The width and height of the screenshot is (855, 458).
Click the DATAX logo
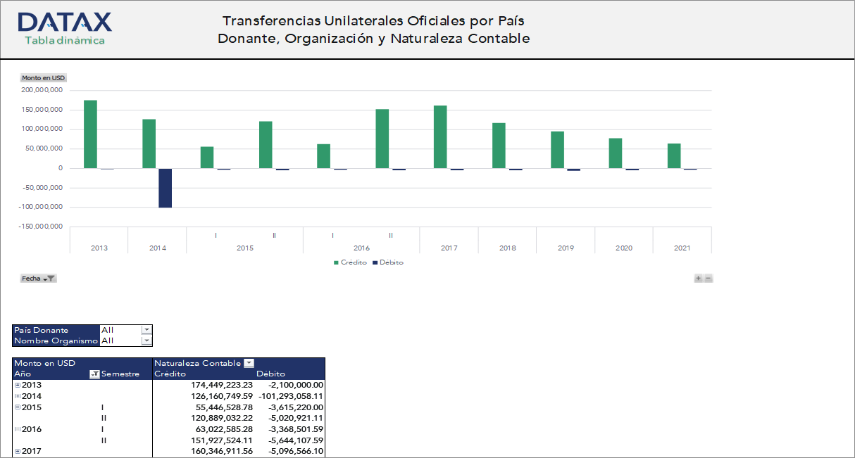pyautogui.click(x=64, y=28)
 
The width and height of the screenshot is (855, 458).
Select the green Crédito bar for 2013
pyautogui.click(x=90, y=134)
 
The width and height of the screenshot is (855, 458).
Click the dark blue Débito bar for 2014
pyautogui.click(x=165, y=188)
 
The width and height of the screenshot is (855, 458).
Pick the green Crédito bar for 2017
pyautogui.click(x=440, y=136)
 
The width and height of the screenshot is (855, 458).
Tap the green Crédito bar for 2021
pyautogui.click(x=674, y=155)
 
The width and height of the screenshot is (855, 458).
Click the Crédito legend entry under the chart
pyautogui.click(x=350, y=262)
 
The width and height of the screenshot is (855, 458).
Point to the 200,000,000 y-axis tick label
pyautogui.click(x=42, y=90)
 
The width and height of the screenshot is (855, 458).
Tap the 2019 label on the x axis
pyautogui.click(x=566, y=248)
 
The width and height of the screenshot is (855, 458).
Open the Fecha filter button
pyautogui.click(x=39, y=279)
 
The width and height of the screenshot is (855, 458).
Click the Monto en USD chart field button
pyautogui.click(x=43, y=78)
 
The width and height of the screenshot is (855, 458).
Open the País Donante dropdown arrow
pyautogui.click(x=146, y=330)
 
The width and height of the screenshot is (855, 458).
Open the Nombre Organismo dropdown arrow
pyautogui.click(x=146, y=341)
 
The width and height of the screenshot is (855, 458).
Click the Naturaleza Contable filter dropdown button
pyautogui.click(x=249, y=363)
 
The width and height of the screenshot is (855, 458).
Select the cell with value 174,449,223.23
pyautogui.click(x=222, y=385)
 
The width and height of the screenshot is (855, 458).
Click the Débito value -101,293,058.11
pyautogui.click(x=291, y=395)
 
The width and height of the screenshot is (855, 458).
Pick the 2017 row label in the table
pyautogui.click(x=32, y=451)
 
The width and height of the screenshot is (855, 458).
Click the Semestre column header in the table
pyautogui.click(x=120, y=374)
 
